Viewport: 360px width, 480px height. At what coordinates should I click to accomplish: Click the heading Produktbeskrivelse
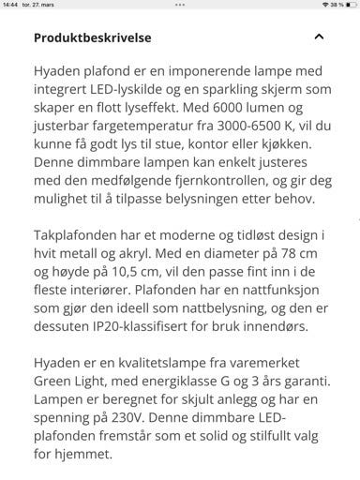(92, 38)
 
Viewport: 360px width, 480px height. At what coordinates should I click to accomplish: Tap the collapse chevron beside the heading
(319, 37)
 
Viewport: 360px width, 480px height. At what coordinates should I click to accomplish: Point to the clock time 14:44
(10, 5)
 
